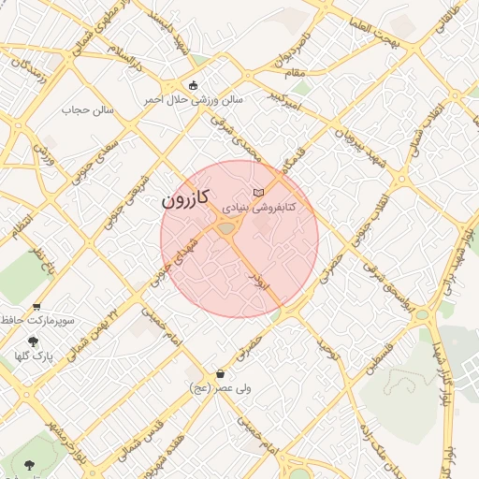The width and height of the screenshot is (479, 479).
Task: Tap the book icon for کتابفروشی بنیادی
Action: click(x=259, y=192)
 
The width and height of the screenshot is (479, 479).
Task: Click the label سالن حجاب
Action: click(x=88, y=109)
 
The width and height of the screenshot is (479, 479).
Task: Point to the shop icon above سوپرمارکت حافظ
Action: click(x=36, y=306)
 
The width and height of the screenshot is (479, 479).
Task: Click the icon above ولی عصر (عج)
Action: click(x=220, y=372)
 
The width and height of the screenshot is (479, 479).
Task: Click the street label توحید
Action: click(x=325, y=350)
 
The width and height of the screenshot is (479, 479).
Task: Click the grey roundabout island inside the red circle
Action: click(x=226, y=228)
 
